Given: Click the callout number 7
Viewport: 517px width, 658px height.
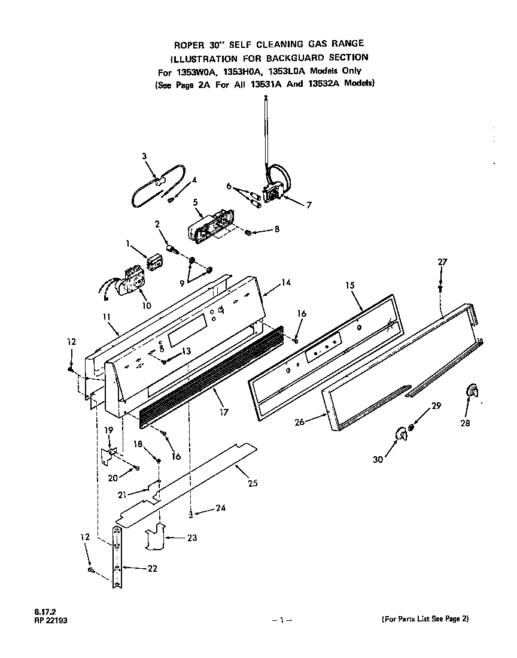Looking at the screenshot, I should (309, 205).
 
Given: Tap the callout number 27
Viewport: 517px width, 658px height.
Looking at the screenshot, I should (442, 262).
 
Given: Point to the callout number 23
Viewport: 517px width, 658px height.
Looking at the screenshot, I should (191, 538).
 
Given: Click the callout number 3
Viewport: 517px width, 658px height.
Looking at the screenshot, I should (144, 156).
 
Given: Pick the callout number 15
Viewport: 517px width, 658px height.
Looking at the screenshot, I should (350, 286).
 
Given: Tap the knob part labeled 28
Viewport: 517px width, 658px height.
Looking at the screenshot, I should (472, 392).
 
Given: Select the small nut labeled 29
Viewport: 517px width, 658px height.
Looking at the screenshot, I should (411, 429).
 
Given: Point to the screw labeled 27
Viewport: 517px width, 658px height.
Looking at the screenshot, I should (440, 288).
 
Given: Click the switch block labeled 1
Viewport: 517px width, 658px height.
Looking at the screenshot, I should (156, 262).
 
